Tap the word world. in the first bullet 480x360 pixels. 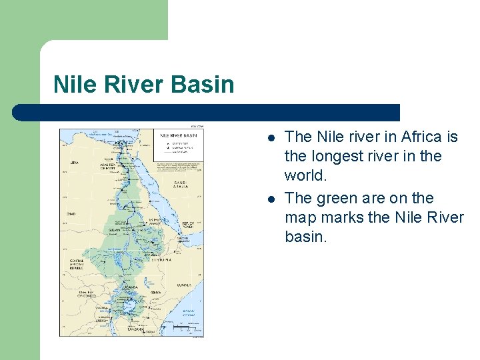pos(306,175)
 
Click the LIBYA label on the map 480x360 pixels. pos(75,162)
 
